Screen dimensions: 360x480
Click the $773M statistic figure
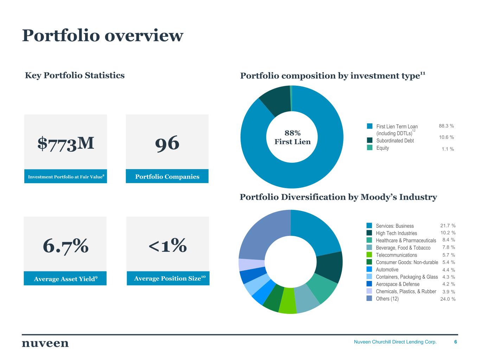tap(66, 143)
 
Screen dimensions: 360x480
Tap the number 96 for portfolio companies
tap(167, 143)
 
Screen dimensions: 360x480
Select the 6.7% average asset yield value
tap(65, 245)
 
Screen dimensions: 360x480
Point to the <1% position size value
tap(167, 245)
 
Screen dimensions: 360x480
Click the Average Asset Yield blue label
tap(65, 279)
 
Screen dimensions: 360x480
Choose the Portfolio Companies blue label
tap(167, 176)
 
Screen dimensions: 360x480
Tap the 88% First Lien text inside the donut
tap(292, 137)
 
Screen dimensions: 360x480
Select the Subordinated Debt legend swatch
tap(369, 140)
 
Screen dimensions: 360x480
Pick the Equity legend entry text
tap(383, 148)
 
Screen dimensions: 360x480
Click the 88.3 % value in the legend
tap(446, 126)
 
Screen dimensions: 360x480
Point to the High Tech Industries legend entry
tap(396, 233)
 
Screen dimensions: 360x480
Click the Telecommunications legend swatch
tap(369, 255)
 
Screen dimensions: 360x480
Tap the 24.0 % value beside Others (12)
tap(448, 299)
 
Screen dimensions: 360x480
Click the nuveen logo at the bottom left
tap(45, 343)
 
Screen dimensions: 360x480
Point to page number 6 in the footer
tap(456, 342)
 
